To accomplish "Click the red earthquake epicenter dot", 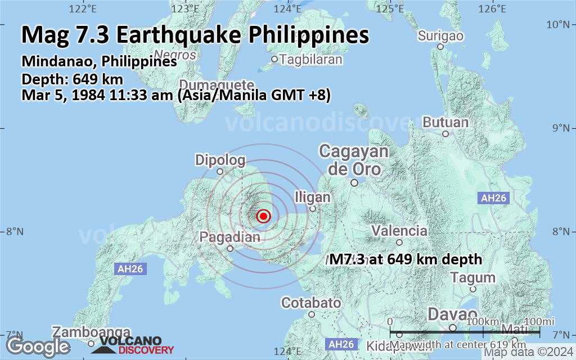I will click(x=263, y=216).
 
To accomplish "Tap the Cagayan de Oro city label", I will click(x=354, y=160).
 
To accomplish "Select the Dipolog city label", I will click(x=220, y=160).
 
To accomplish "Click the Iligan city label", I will click(x=313, y=197).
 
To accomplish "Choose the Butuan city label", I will click(x=445, y=122).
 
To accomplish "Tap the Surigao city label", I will click(x=441, y=36).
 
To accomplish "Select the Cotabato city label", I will click(x=311, y=303).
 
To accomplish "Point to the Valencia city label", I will click(x=399, y=231).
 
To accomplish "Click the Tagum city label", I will click(x=473, y=277).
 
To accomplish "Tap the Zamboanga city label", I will click(x=92, y=332).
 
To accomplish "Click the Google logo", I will click(x=38, y=346).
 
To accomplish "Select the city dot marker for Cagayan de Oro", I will click(x=354, y=182).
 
